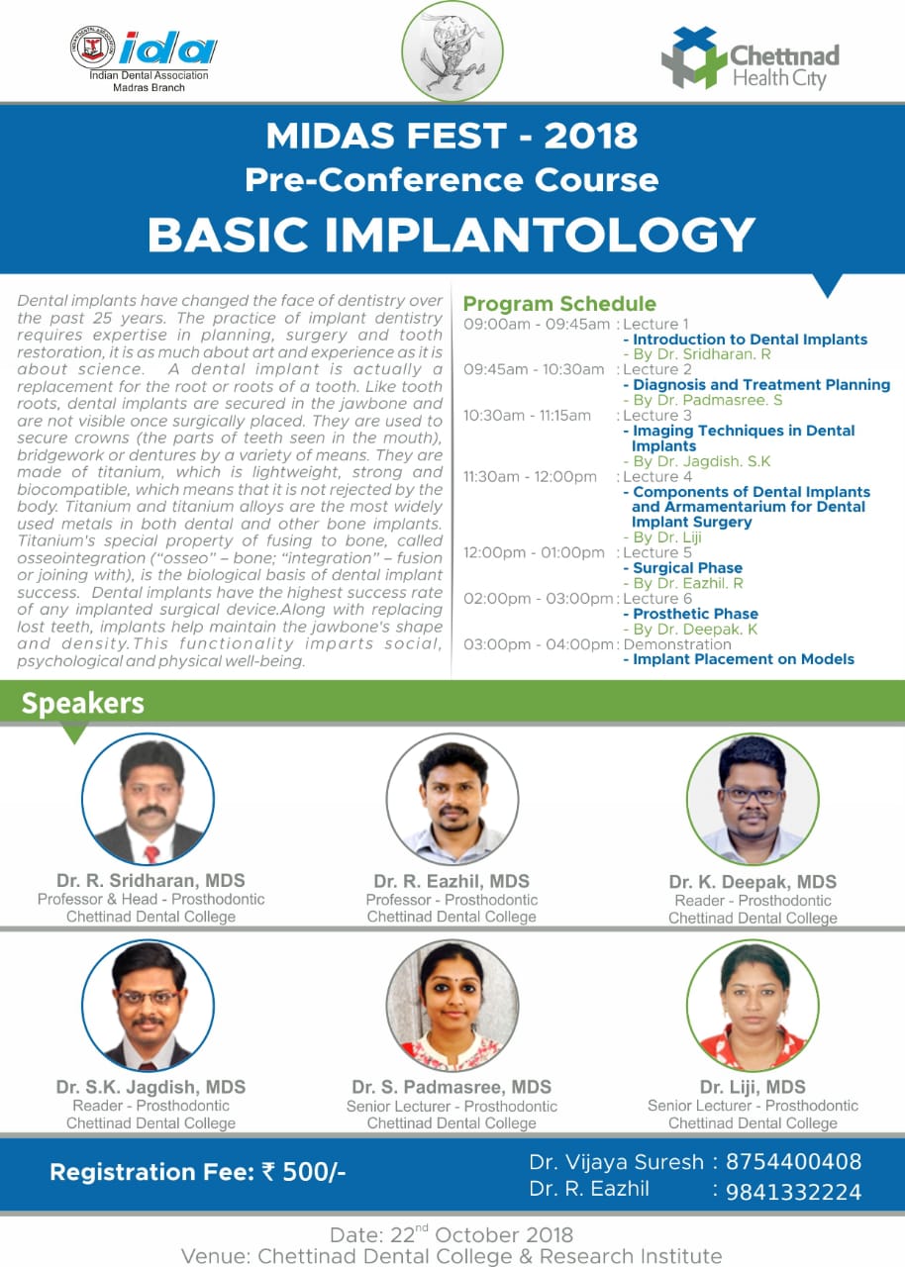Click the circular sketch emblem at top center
click(x=452, y=50)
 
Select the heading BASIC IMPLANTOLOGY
click(x=452, y=235)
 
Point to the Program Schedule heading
click(x=559, y=304)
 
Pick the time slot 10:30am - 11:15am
click(x=527, y=416)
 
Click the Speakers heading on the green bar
click(x=82, y=703)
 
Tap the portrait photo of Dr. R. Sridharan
click(x=149, y=799)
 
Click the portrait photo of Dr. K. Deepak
click(x=753, y=799)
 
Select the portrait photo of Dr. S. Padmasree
click(x=452, y=1005)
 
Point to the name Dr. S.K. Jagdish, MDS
click(x=151, y=1087)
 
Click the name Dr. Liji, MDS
click(x=753, y=1087)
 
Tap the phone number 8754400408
click(x=793, y=1161)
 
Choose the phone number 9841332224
click(x=793, y=1192)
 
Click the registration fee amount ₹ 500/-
click(x=303, y=1173)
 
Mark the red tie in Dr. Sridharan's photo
click(x=151, y=854)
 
